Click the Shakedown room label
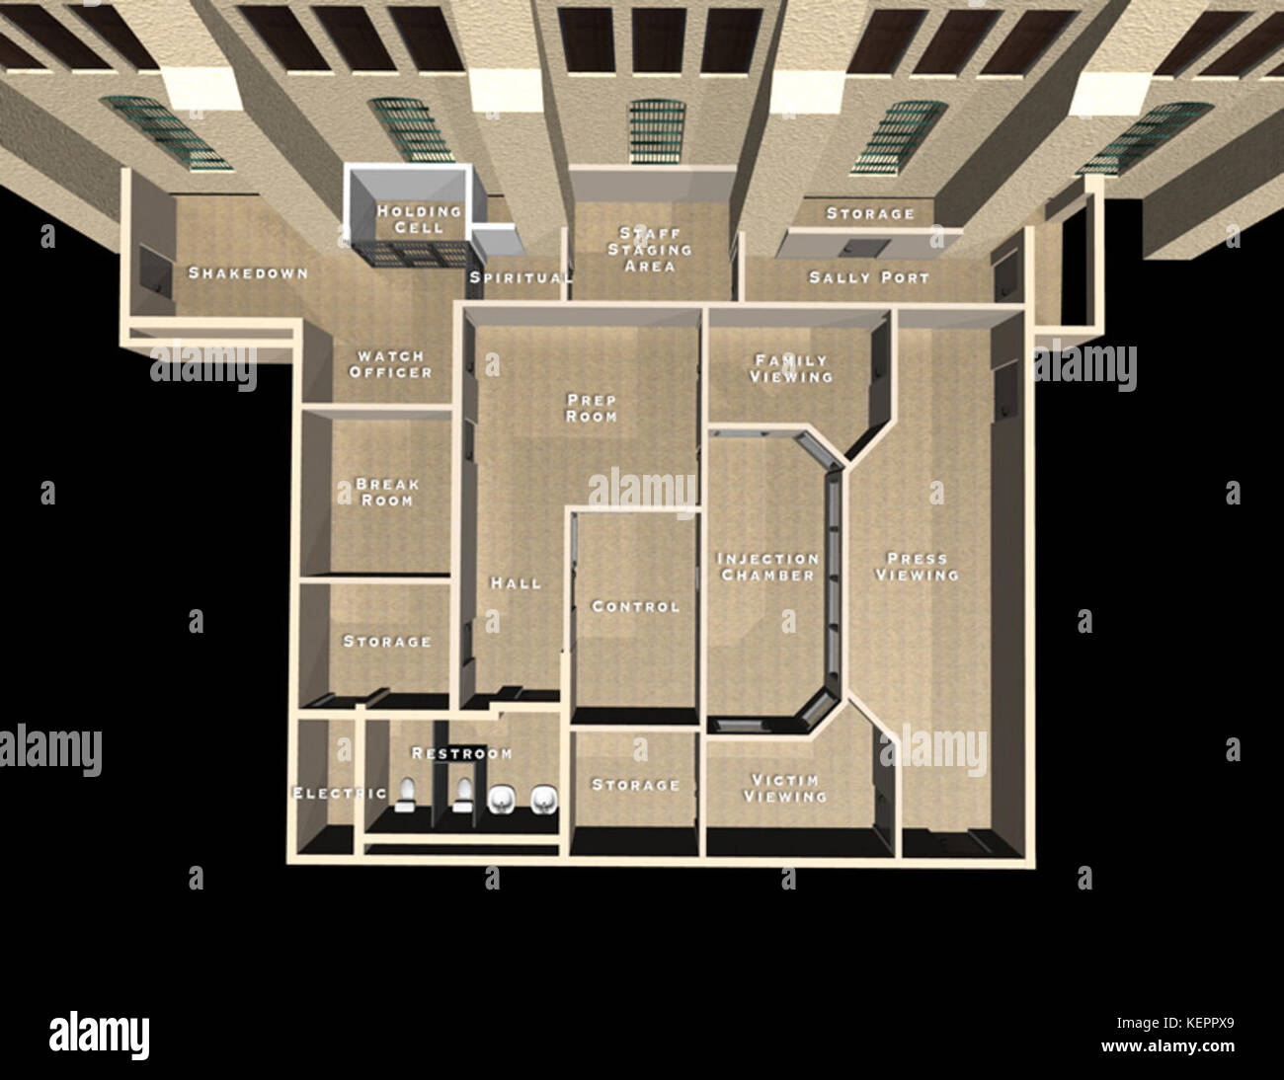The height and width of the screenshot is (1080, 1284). coord(248,273)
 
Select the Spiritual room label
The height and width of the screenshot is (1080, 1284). coord(520,278)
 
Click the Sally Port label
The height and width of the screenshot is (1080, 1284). coord(869,278)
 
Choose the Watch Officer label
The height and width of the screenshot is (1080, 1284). coord(390,364)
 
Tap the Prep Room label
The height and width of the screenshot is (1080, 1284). coord(592,408)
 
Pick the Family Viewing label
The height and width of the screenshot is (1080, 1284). coord(791,368)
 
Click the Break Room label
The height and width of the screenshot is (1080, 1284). coord(387,493)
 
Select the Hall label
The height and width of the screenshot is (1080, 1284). coord(517,583)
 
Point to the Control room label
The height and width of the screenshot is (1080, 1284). coord(635,607)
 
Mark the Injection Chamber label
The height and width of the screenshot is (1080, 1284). coord(767,567)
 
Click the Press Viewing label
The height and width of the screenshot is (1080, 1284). coord(917,566)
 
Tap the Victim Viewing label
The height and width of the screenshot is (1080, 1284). coord(785,788)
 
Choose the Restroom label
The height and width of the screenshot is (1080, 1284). coord(462,754)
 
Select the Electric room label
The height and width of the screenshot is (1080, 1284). coord(339,794)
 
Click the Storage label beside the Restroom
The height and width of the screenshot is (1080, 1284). coord(635,786)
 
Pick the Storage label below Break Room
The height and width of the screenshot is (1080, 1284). coord(387,642)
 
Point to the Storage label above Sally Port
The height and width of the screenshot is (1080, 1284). coord(870,213)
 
